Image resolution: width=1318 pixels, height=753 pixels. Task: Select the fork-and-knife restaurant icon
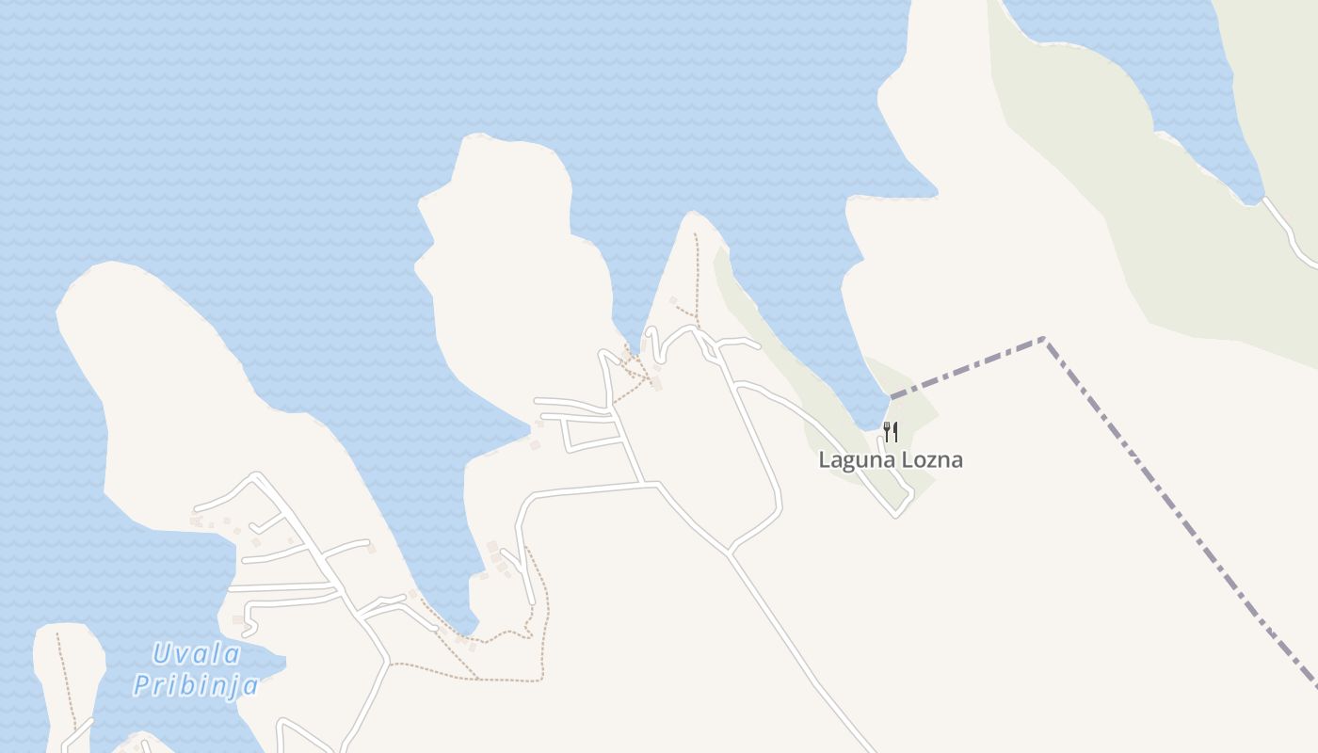click(x=891, y=432)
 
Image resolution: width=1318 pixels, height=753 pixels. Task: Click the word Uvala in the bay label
click(x=196, y=653)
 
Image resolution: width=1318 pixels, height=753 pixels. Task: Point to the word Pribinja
click(x=195, y=684)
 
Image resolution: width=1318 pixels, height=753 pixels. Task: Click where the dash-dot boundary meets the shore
click(x=892, y=396)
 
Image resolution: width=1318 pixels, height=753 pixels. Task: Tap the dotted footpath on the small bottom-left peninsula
click(x=66, y=678)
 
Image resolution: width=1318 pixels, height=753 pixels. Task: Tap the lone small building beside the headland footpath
click(x=673, y=300)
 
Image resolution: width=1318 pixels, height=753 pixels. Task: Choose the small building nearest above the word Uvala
click(x=237, y=619)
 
